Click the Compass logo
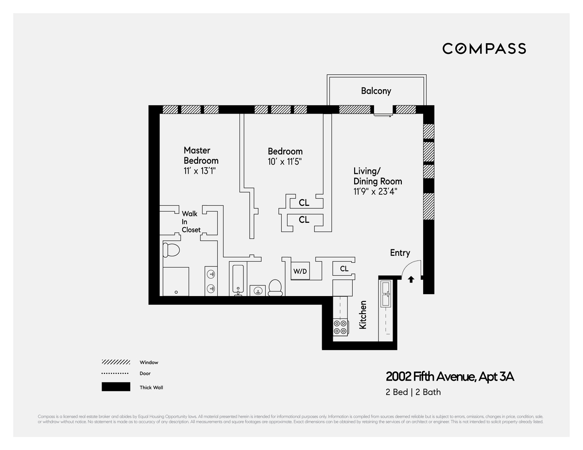click(x=484, y=49)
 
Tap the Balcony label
click(x=376, y=91)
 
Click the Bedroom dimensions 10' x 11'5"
click(x=288, y=162)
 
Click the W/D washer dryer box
click(x=300, y=271)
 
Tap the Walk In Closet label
click(x=191, y=221)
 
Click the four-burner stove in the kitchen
click(x=340, y=327)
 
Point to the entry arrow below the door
click(x=411, y=279)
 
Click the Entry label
click(x=400, y=253)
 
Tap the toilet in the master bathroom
click(x=171, y=250)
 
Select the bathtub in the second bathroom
click(x=238, y=280)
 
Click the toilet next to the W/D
click(x=275, y=287)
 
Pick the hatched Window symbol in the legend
click(x=116, y=362)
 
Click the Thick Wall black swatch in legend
click(x=116, y=387)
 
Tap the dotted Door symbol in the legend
click(x=116, y=374)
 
